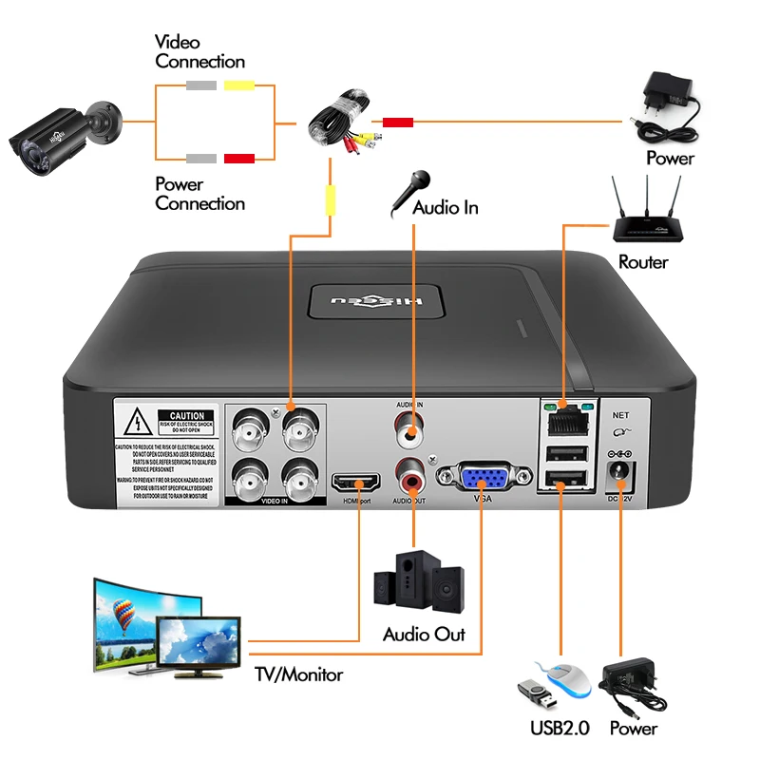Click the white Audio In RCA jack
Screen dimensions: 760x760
pyautogui.click(x=412, y=434)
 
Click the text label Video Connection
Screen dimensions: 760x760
pyautogui.click(x=199, y=52)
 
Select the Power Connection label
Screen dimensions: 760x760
pyautogui.click(x=199, y=194)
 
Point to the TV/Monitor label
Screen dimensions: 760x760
pyautogui.click(x=298, y=675)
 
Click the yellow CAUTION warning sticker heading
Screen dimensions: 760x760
pyautogui.click(x=187, y=416)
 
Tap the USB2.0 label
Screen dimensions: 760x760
pyautogui.click(x=560, y=729)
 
